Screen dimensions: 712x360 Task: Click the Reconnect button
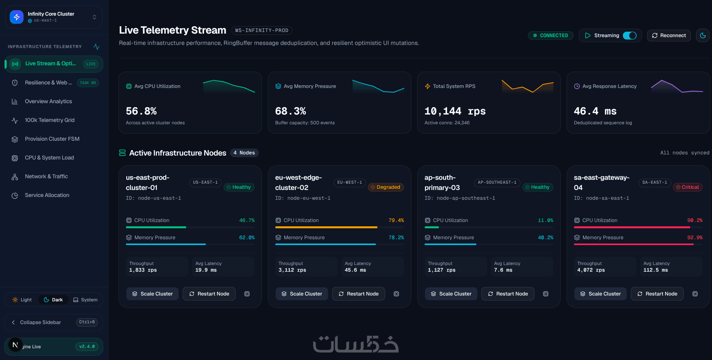point(669,36)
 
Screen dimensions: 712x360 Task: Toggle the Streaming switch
point(630,36)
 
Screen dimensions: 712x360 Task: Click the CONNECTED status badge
point(551,36)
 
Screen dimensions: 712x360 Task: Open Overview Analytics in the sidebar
point(48,101)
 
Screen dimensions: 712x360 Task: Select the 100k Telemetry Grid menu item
point(50,120)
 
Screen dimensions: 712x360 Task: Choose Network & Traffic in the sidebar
point(46,176)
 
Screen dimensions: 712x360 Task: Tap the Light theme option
point(22,300)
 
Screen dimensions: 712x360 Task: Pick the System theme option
point(85,300)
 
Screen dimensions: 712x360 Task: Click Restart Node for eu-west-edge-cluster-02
point(358,294)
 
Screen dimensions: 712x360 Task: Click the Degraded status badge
point(386,187)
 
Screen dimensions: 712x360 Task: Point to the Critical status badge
point(688,187)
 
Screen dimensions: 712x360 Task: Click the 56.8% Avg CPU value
point(141,111)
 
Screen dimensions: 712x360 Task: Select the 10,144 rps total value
point(455,111)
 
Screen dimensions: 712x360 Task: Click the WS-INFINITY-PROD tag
point(262,30)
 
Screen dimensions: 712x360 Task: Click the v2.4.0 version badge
point(87,347)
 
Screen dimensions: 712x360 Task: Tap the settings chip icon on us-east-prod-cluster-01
point(247,294)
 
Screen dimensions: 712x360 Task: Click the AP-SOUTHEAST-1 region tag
point(497,183)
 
